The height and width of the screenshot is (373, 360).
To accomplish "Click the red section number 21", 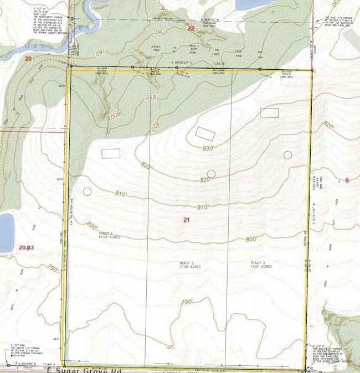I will [187, 220].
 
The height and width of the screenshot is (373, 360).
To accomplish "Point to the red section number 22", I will [191, 28].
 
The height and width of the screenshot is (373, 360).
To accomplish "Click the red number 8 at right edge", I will [347, 180].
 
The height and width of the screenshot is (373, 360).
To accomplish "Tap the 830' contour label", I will [208, 148].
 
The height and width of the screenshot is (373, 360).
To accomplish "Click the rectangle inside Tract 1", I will [111, 153].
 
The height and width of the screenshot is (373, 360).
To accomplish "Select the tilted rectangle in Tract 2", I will [204, 133].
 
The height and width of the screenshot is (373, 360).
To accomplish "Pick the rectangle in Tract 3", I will [269, 113].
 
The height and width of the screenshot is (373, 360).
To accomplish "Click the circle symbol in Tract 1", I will [87, 192].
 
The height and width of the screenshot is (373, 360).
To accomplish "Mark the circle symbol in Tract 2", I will [211, 174].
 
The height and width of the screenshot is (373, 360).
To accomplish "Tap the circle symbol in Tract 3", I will [287, 155].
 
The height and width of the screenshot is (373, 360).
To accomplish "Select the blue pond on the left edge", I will [6, 232].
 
